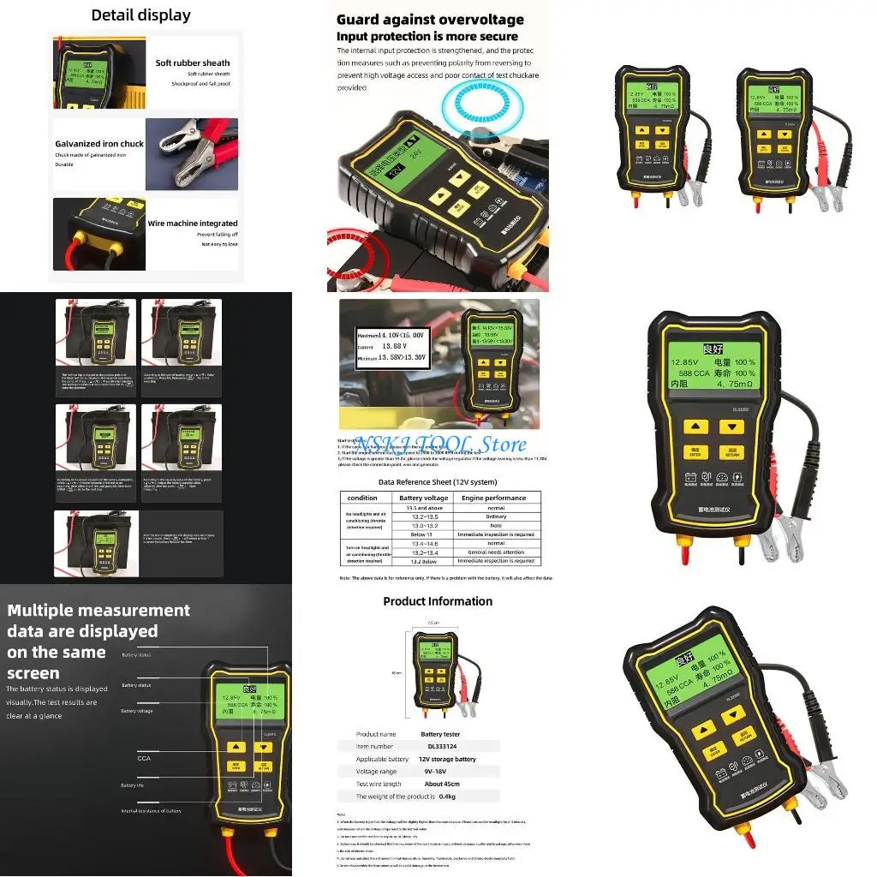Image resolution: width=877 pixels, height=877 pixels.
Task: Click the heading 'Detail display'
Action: (141, 15)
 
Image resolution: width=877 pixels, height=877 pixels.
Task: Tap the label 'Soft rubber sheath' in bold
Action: (193, 63)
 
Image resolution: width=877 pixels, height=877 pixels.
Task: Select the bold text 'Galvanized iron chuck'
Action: (99, 144)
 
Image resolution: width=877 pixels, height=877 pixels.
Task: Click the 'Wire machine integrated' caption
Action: (193, 224)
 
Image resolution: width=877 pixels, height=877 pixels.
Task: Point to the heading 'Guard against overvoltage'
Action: (430, 20)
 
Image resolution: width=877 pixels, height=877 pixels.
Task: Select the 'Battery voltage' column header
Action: (423, 498)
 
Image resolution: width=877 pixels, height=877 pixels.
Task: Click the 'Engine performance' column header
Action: (494, 498)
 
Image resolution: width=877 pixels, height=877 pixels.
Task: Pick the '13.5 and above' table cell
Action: (423, 508)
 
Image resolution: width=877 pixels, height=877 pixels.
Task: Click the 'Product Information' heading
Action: (438, 601)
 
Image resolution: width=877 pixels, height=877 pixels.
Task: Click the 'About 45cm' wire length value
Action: (441, 785)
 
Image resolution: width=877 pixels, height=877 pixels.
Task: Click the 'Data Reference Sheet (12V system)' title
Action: (438, 482)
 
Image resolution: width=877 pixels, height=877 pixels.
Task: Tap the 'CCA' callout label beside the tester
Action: (144, 758)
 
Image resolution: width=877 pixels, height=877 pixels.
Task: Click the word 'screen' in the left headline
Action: (34, 673)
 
